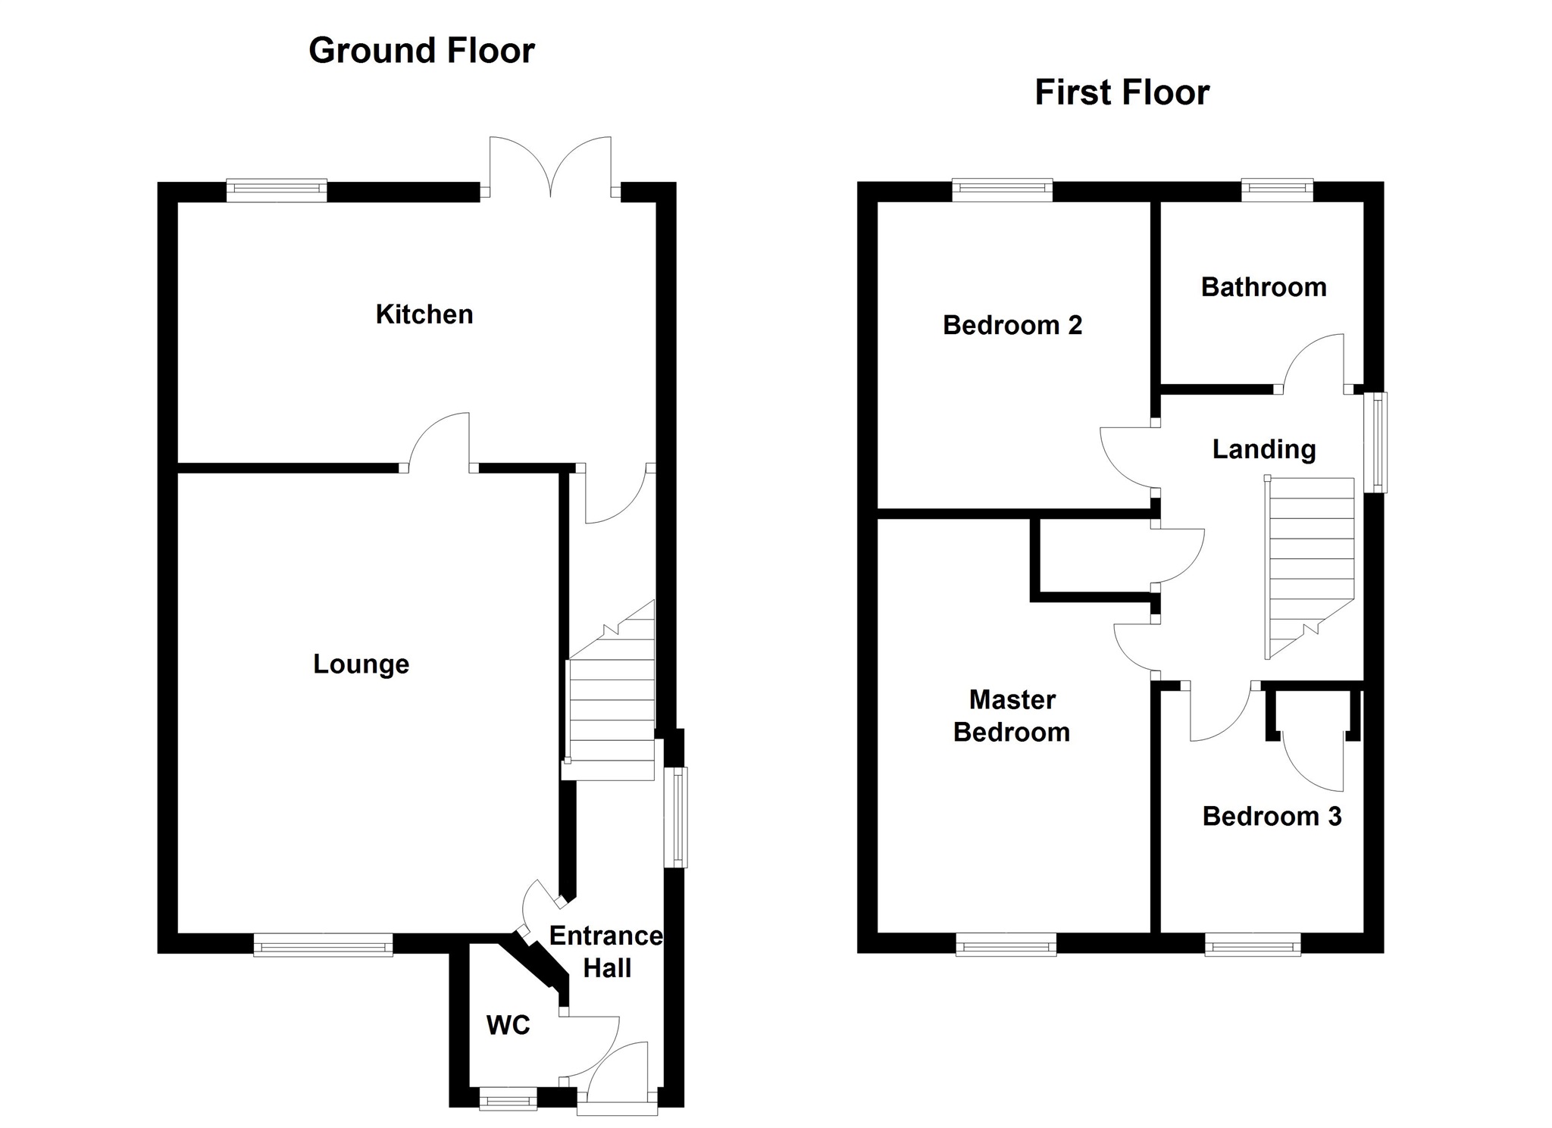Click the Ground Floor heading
(421, 51)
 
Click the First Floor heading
(1122, 92)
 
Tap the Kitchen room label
(424, 314)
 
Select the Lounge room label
(361, 664)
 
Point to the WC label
(508, 1025)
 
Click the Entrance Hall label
(605, 952)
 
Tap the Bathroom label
(1263, 287)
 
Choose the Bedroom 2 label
(1012, 325)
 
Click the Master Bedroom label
(1012, 716)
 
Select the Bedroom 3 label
(1272, 816)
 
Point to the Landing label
(1263, 449)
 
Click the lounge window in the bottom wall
(323, 945)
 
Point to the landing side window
(1375, 442)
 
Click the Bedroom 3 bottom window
(1252, 945)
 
